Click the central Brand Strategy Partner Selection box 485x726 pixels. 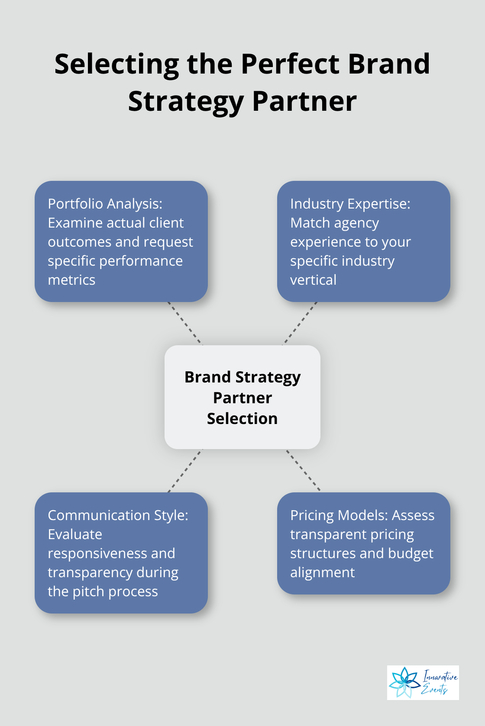click(x=242, y=397)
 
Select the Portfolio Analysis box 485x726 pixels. click(x=121, y=241)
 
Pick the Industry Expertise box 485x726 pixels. click(x=363, y=241)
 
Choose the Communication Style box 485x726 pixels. click(x=121, y=553)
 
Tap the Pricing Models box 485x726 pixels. click(x=363, y=543)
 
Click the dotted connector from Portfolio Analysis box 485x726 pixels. click(x=185, y=323)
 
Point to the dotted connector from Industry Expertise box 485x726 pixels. click(x=300, y=323)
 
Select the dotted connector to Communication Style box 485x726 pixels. click(x=185, y=470)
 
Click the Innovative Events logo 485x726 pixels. click(x=423, y=682)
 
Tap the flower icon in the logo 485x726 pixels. click(x=404, y=682)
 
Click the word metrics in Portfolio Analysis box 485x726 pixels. click(x=71, y=280)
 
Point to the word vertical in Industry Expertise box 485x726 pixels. click(x=313, y=280)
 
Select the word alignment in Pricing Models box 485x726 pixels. click(x=322, y=572)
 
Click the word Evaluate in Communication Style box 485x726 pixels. click(x=75, y=534)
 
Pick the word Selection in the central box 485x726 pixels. click(x=242, y=418)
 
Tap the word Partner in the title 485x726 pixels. click(x=304, y=102)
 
